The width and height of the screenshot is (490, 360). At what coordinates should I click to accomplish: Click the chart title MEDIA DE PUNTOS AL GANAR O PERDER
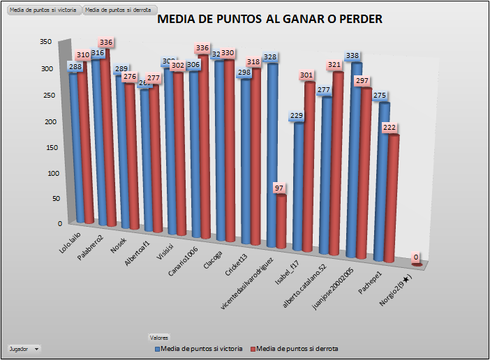point(269,20)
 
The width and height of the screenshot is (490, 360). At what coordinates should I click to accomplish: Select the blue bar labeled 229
point(299,185)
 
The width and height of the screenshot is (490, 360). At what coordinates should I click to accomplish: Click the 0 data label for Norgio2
point(416,257)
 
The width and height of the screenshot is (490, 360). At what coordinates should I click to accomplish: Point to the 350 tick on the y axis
point(45,42)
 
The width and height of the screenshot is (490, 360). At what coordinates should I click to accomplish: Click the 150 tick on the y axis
point(45,147)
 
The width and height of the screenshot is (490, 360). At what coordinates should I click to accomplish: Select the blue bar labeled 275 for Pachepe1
point(383,181)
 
